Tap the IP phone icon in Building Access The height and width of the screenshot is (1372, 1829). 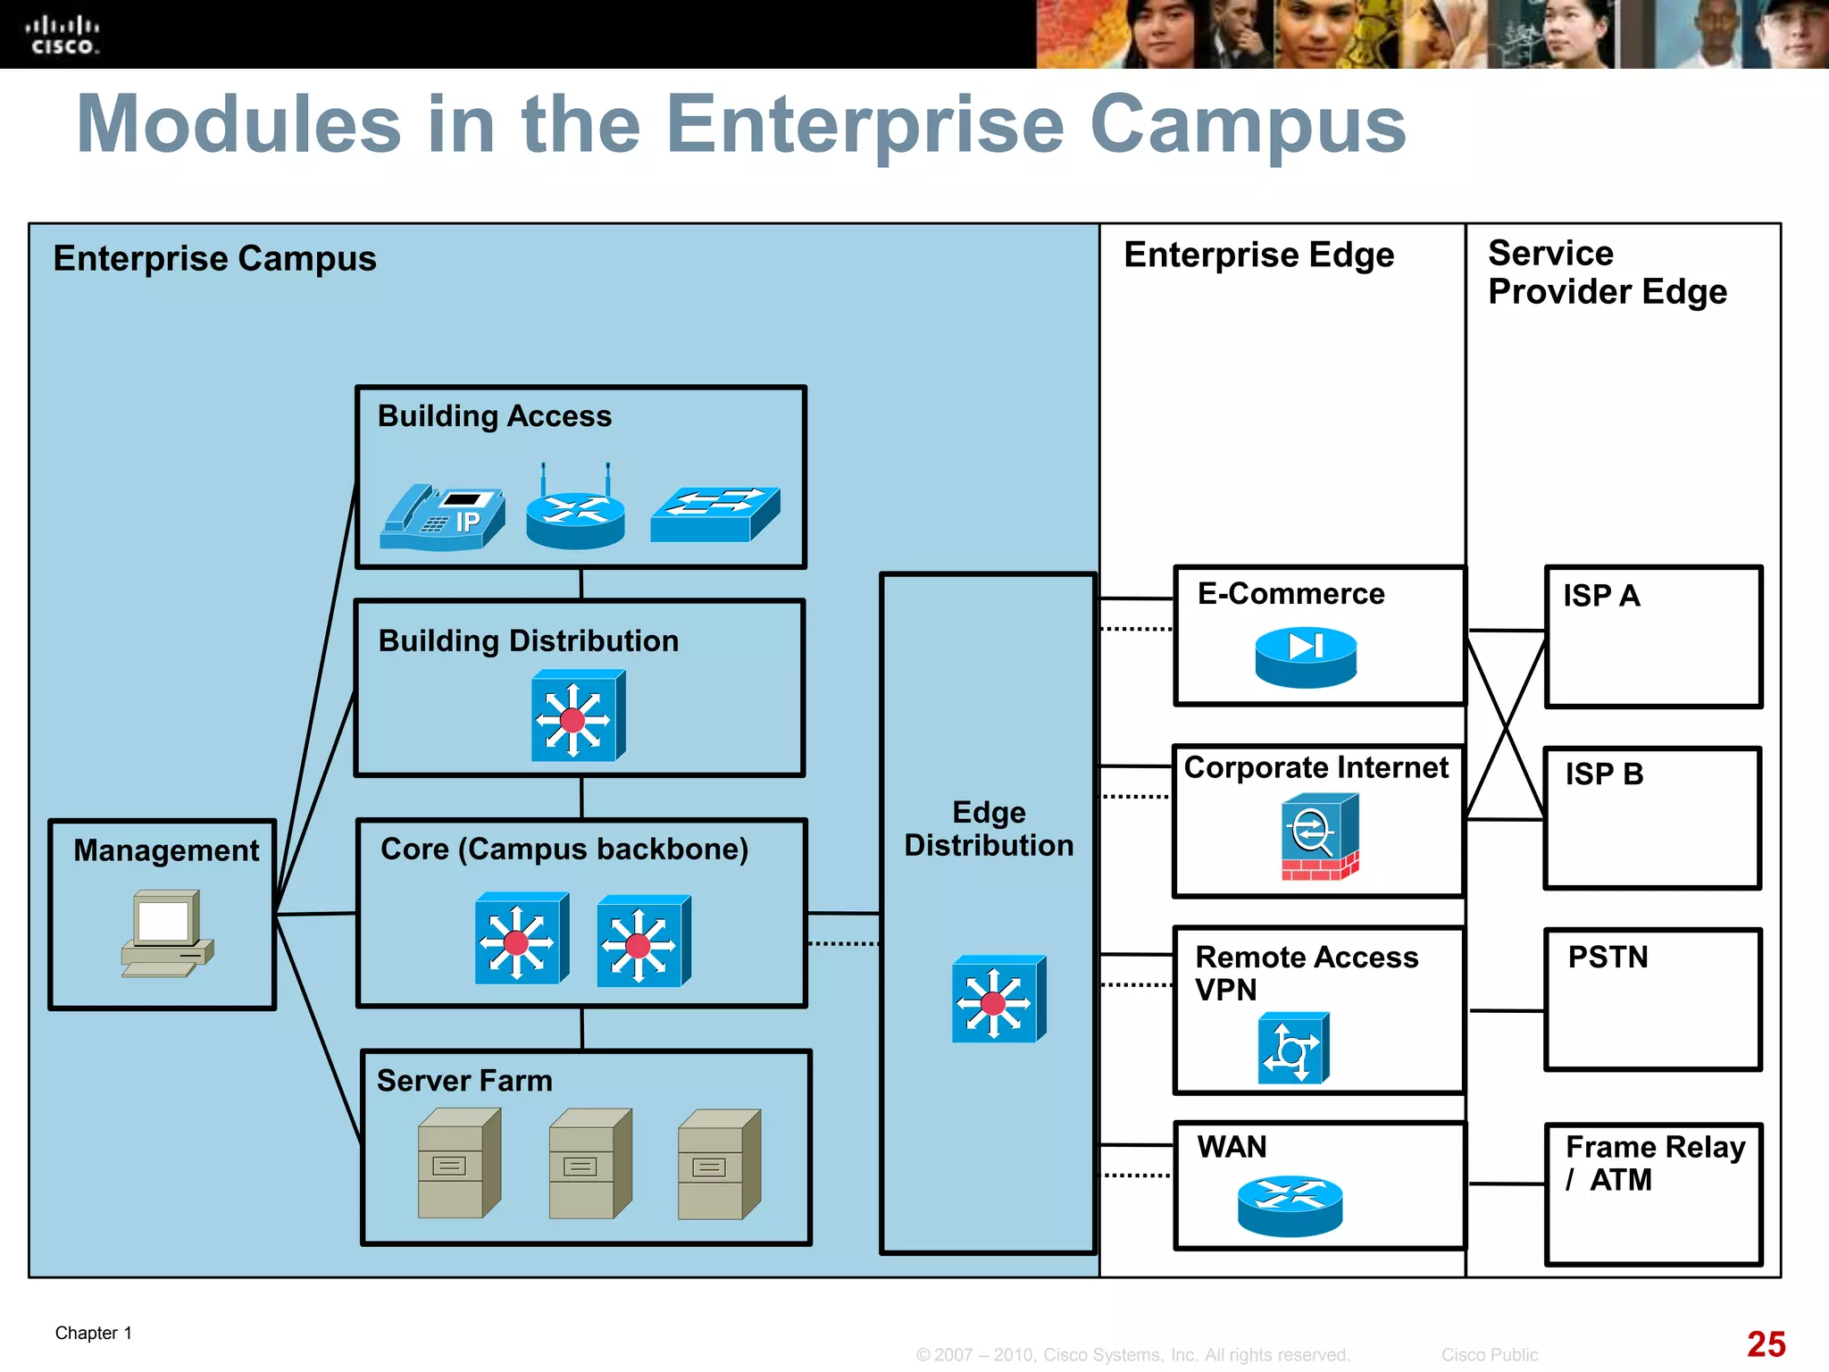[x=442, y=517]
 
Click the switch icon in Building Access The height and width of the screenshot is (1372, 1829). [x=714, y=514]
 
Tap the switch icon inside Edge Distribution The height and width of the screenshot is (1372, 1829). [x=998, y=1000]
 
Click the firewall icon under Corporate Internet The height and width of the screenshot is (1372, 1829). [x=1320, y=837]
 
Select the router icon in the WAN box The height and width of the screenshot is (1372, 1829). [x=1290, y=1205]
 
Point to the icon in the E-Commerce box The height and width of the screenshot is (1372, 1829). [x=1306, y=657]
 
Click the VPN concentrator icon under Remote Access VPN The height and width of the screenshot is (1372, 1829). [x=1293, y=1048]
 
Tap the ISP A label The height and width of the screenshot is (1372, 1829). [x=1601, y=596]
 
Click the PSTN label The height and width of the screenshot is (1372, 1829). [x=1608, y=957]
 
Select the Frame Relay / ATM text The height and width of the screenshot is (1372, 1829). [x=1654, y=1163]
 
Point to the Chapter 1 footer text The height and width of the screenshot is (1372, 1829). [x=94, y=1333]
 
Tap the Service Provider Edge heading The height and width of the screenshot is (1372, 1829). [x=1607, y=272]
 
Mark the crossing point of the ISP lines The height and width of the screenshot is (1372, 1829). [x=1507, y=725]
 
